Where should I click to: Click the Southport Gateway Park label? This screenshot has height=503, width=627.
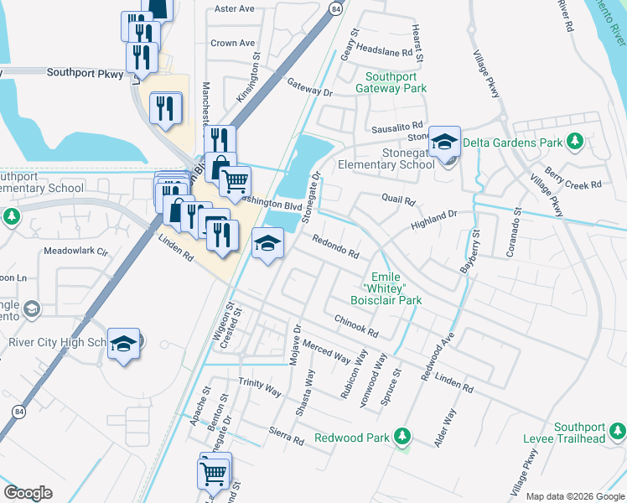coord(391,81)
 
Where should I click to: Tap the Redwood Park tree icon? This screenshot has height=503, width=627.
coord(403,437)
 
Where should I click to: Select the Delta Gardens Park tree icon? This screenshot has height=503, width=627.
coord(574,142)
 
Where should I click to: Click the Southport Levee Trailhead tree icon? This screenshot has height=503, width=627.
coord(617,432)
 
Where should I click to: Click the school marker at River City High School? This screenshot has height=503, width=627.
coord(124,345)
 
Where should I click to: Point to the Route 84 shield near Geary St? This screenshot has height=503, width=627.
coord(335,8)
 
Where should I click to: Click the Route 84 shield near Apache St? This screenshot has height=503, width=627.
coord(18,412)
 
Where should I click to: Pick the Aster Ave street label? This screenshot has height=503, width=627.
coord(234,9)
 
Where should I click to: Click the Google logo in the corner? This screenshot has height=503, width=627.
coord(28,493)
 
